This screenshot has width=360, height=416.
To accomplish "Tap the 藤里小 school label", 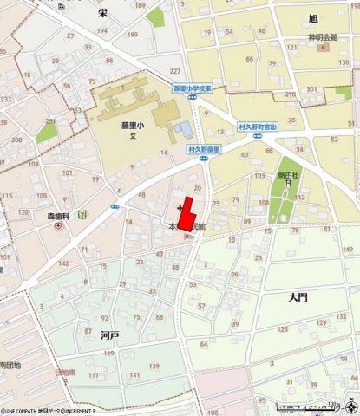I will [133, 124].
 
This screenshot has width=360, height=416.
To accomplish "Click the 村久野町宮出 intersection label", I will [258, 127].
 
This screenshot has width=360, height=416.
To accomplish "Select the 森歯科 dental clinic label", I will [57, 215].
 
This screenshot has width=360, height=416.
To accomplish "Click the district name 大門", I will [298, 296].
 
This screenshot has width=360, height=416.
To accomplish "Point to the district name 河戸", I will [109, 334].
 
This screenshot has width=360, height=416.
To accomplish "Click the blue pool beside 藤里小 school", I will [182, 129].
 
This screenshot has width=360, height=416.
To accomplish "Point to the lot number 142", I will [63, 263].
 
